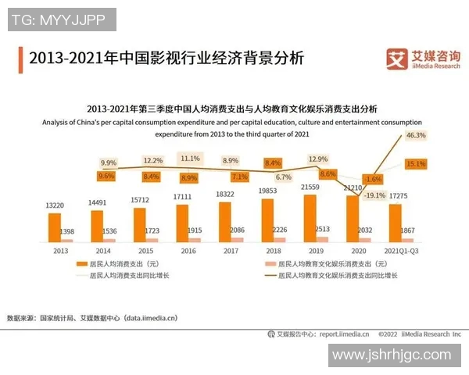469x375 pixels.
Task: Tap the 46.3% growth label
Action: pos(416,135)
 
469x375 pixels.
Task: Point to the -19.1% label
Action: pos(376,195)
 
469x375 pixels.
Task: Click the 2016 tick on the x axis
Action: pos(188,251)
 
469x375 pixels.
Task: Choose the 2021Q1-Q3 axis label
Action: pos(402,251)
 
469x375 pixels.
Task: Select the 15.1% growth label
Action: pos(416,164)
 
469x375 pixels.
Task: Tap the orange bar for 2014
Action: pos(97,225)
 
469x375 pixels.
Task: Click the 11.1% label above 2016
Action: pos(190,158)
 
